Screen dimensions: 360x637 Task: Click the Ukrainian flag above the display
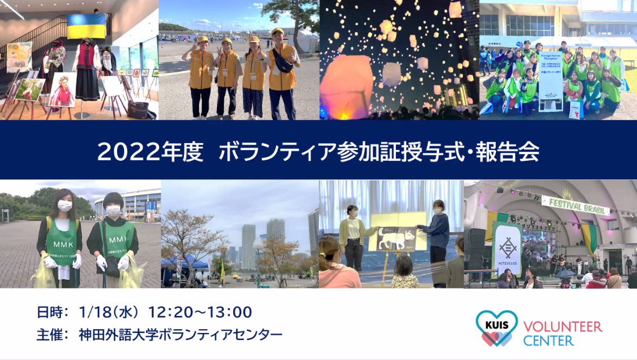pos(86,26)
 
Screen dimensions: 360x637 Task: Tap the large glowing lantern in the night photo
pos(346,87)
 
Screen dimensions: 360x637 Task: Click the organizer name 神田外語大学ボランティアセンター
pos(181,335)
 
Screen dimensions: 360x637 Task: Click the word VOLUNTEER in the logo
pos(563,326)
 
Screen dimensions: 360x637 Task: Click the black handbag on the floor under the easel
pos(138,109)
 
